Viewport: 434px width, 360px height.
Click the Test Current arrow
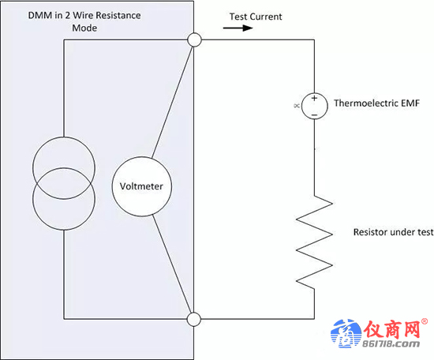tap(238, 28)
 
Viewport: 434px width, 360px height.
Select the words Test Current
tap(256, 17)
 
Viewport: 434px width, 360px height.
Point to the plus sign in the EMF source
tap(314, 98)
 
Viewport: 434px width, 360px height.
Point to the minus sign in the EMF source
tap(314, 114)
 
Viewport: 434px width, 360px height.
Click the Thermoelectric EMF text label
tap(376, 103)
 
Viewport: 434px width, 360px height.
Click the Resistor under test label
tap(393, 232)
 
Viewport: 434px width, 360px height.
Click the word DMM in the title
tap(40, 15)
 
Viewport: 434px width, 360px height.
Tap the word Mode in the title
tap(84, 28)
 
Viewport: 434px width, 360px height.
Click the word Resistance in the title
tap(118, 15)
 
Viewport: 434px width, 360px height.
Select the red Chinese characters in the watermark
tap(392, 329)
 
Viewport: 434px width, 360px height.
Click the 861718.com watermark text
tap(391, 344)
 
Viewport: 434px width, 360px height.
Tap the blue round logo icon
tap(346, 333)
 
